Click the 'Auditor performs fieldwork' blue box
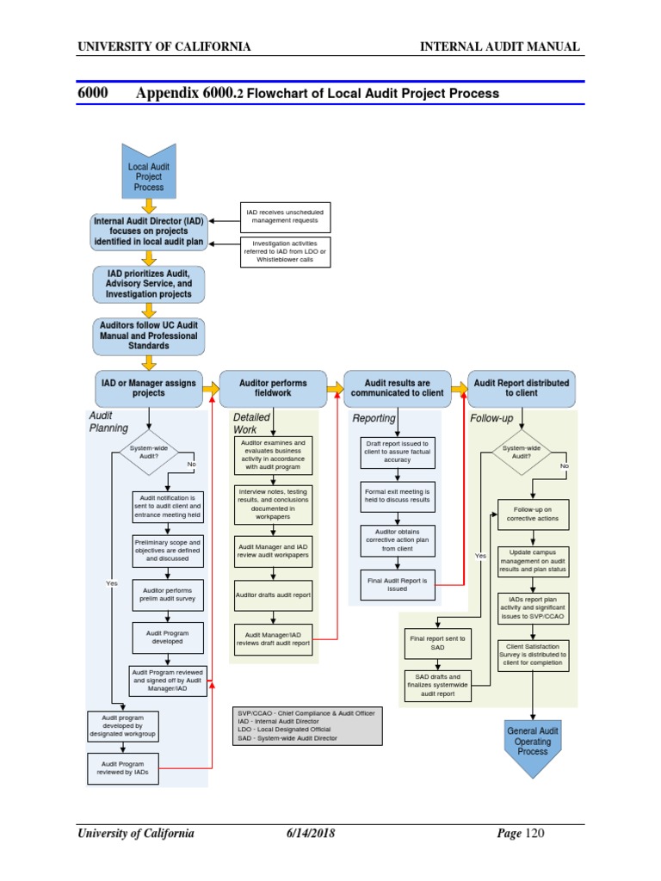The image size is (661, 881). coord(273,388)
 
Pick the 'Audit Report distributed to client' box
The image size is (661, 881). coord(522,388)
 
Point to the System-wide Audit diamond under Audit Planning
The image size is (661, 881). coord(149,453)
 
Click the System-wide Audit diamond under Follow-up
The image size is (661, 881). coord(522,453)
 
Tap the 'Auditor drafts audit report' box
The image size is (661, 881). coord(273,595)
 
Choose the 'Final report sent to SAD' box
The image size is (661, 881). coord(437,642)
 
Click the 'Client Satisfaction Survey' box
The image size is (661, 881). coord(533,654)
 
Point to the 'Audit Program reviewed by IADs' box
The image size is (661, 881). coord(124,768)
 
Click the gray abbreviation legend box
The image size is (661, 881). coord(308,725)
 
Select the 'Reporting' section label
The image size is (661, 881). coord(374,418)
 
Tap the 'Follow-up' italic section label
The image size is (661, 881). coord(491,418)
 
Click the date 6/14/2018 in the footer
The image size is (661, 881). coord(311,834)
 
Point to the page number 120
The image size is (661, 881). coord(534,834)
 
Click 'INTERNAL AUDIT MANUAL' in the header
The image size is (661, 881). coord(499,46)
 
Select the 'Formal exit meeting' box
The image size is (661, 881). coord(398,494)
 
